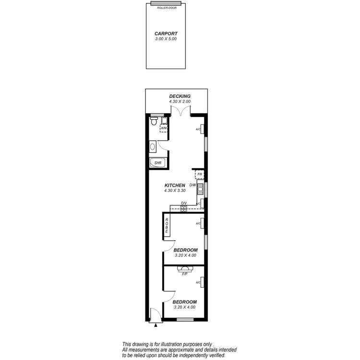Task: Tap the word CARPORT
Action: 166,34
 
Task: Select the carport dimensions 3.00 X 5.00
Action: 166,39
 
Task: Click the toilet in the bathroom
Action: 153,122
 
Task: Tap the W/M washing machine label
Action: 164,128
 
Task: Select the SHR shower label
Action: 157,163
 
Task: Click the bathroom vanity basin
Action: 152,146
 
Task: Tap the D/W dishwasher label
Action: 192,185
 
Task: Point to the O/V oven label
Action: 183,203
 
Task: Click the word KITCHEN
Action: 175,185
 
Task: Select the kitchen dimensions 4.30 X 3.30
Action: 175,191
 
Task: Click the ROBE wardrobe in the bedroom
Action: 167,226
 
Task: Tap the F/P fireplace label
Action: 184,274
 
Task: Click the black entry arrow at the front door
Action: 156,325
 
